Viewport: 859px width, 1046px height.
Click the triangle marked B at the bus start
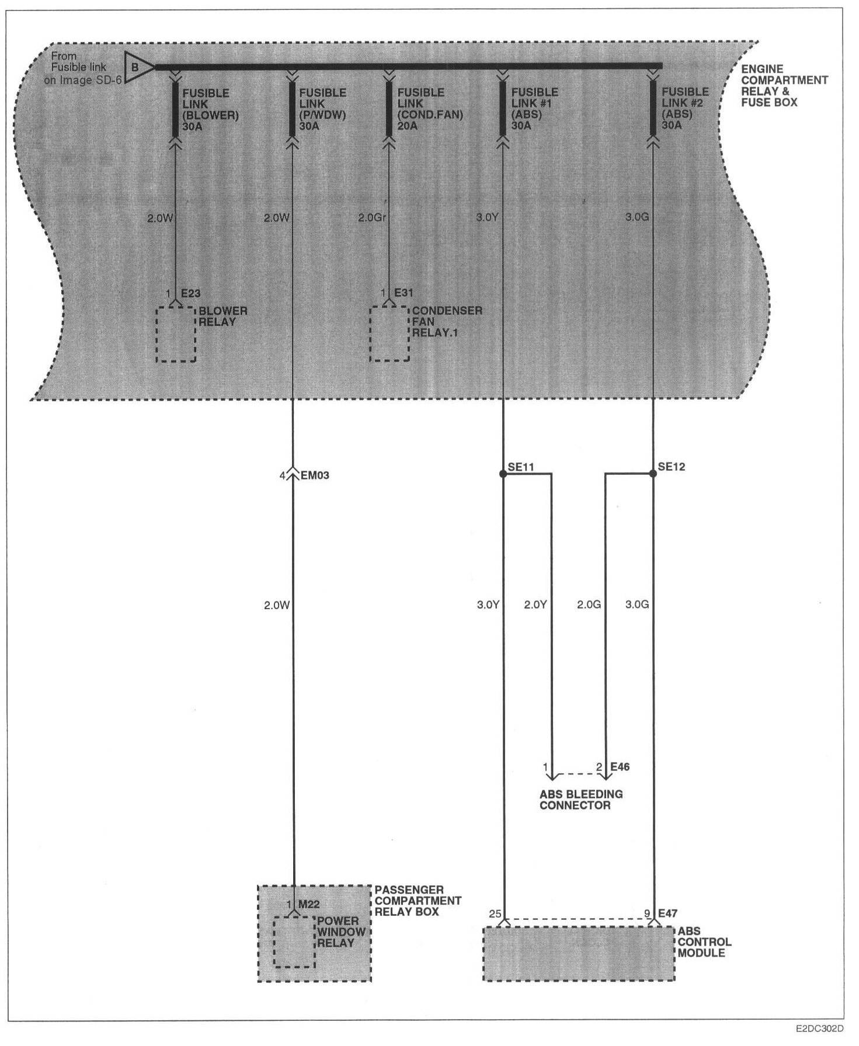click(x=137, y=67)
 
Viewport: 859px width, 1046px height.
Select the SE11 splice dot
click(x=503, y=474)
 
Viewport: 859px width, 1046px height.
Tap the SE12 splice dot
click(x=653, y=474)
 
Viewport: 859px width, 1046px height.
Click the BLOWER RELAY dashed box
click(x=176, y=333)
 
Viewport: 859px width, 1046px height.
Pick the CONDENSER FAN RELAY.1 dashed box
click(x=389, y=333)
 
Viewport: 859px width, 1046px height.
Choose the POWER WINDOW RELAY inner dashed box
click(x=294, y=942)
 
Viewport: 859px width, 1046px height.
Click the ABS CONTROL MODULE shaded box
click(x=578, y=954)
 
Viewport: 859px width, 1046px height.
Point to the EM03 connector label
click(x=315, y=475)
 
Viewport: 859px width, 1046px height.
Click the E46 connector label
click(x=620, y=766)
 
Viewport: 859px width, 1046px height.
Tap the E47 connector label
click(x=667, y=913)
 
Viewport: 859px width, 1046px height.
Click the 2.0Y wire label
click(x=535, y=604)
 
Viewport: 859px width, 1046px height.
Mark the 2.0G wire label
click(x=589, y=604)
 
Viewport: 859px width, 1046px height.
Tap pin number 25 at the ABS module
click(x=495, y=913)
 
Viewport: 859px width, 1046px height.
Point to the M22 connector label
click(x=309, y=905)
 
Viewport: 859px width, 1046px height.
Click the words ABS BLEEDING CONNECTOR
click(x=581, y=800)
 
